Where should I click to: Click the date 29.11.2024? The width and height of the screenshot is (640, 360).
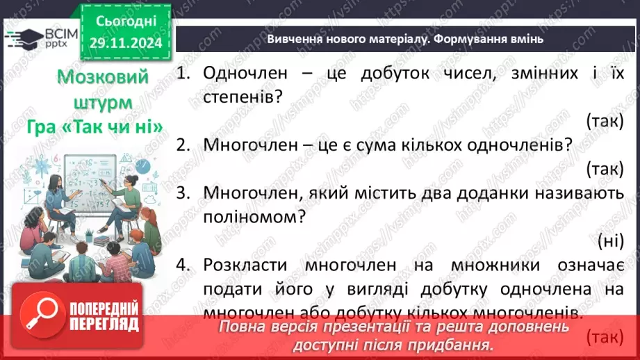126,42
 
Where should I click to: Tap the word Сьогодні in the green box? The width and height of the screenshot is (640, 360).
126,21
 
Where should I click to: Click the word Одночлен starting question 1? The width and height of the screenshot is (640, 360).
239,72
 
